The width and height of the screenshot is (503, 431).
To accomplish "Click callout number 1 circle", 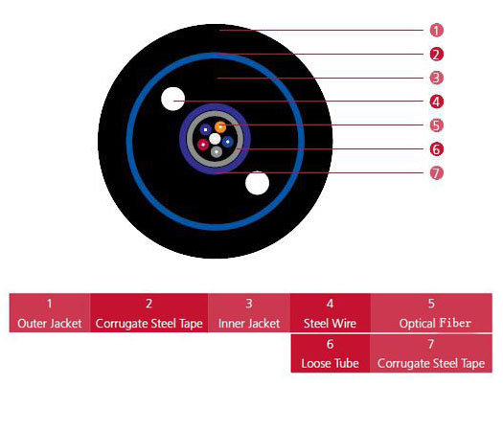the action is click(x=436, y=31).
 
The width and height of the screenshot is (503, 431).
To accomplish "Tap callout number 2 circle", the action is click(x=436, y=55).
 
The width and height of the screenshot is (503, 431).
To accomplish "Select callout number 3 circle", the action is click(x=436, y=78).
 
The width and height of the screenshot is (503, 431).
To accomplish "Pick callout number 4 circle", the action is click(x=436, y=102).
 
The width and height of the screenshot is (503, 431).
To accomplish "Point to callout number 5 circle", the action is click(x=436, y=125).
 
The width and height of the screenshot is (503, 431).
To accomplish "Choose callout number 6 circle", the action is click(x=436, y=149).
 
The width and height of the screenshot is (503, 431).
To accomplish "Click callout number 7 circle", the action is click(x=436, y=173).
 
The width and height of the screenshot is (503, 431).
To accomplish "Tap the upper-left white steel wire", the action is click(x=172, y=99).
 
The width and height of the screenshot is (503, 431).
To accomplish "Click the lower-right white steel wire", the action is click(x=258, y=183).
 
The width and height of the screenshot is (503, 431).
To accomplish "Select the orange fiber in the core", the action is click(x=220, y=127).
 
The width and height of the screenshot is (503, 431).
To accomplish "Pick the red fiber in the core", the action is click(x=203, y=145).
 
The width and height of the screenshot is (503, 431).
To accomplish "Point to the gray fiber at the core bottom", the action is click(x=217, y=151).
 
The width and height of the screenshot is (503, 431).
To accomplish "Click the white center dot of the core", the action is click(x=215, y=139).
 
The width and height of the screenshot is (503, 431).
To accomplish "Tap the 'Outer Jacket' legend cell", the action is click(x=50, y=313).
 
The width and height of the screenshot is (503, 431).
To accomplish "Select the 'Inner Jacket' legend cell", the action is click(x=249, y=313).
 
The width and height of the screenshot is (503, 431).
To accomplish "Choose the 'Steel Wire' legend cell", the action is click(x=331, y=313).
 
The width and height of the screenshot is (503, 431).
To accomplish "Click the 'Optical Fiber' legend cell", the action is click(x=431, y=313).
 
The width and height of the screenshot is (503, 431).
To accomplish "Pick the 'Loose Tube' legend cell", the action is click(x=331, y=353).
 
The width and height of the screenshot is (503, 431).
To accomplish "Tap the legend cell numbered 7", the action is click(x=431, y=353).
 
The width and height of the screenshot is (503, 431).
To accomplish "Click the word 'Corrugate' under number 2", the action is click(x=121, y=324).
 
